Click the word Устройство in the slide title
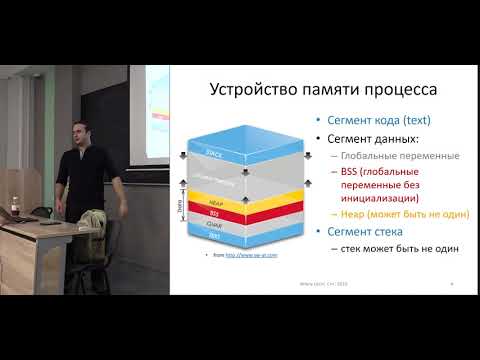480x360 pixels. point(247,91)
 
